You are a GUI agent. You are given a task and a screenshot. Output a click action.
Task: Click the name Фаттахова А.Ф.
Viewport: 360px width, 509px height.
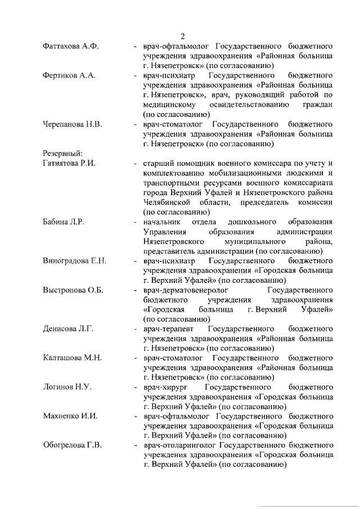click(x=71, y=46)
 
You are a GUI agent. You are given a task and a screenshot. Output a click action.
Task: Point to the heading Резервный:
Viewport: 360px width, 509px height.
click(x=63, y=154)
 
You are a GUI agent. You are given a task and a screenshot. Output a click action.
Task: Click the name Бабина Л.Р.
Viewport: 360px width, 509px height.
click(x=64, y=222)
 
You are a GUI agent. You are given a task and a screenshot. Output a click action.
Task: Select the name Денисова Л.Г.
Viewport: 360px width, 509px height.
click(x=69, y=329)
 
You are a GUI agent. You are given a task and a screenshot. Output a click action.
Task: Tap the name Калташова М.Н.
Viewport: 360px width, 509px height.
click(x=73, y=358)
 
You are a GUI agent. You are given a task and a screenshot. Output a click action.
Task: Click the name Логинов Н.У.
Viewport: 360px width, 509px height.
click(x=67, y=388)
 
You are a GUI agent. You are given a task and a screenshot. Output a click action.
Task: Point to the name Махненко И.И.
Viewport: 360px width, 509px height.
click(x=70, y=417)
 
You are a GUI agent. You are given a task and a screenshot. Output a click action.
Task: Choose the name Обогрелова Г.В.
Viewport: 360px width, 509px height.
click(x=73, y=446)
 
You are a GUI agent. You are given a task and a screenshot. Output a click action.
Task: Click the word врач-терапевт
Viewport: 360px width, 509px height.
click(x=168, y=329)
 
